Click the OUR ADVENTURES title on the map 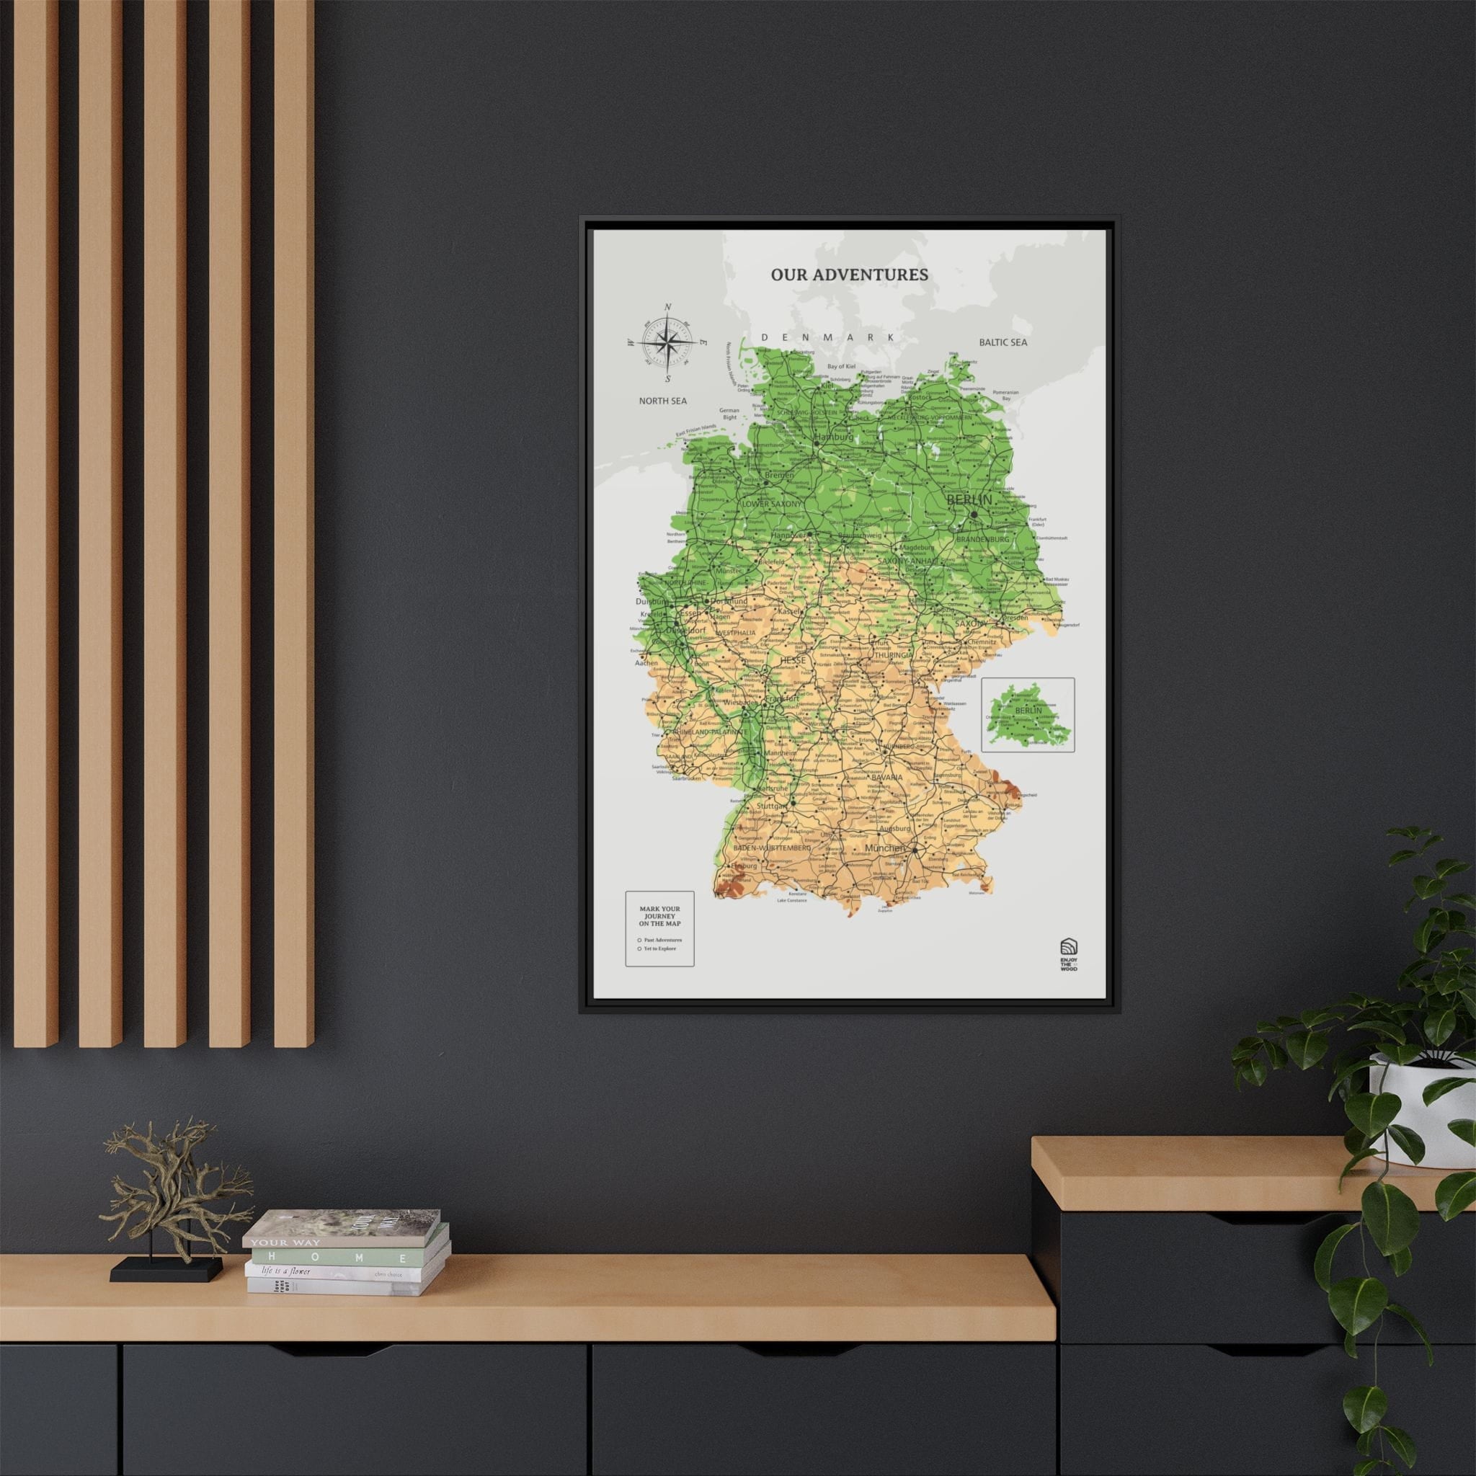coord(849,275)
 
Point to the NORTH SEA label coord(662,400)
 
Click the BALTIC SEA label coord(1003,342)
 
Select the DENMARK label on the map coord(827,337)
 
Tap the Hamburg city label coord(835,437)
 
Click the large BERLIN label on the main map coord(969,499)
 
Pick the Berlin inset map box coord(1028,714)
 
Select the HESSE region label coord(792,659)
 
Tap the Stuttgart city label coord(771,806)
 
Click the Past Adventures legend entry coord(662,940)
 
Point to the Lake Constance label coord(792,900)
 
